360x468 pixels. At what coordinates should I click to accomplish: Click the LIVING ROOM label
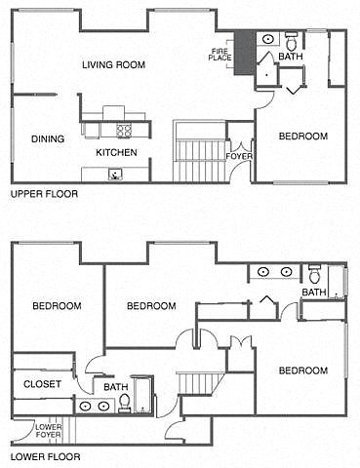pos(113,64)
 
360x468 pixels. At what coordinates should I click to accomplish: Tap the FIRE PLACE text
pos(220,55)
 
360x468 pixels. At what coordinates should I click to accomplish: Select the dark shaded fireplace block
pos(245,53)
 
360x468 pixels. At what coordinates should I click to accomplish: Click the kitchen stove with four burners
pos(124,131)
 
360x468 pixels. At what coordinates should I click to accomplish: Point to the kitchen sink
pos(116,175)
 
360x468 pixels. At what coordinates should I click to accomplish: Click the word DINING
pos(48,139)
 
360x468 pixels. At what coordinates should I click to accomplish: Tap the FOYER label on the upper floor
pos(239,156)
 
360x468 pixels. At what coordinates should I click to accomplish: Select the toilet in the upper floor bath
pos(291,40)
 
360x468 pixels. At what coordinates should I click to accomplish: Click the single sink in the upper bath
pos(267,39)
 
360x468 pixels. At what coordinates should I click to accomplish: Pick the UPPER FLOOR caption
pos(45,194)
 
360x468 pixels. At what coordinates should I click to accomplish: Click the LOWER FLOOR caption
pos(46,456)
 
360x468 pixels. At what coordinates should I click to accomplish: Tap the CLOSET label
pos(42,384)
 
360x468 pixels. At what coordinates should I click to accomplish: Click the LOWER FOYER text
pos(48,431)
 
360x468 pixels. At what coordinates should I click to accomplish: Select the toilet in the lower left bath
pos(124,403)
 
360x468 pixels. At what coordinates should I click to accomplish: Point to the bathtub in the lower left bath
pos(142,395)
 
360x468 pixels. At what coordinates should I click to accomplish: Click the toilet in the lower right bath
pos(314,274)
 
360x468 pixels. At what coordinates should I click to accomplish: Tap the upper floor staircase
pos(199,151)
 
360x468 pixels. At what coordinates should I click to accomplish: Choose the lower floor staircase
pos(200,383)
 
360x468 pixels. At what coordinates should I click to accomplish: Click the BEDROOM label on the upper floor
pos(303,136)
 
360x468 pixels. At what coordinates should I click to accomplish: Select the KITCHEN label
pos(116,152)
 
